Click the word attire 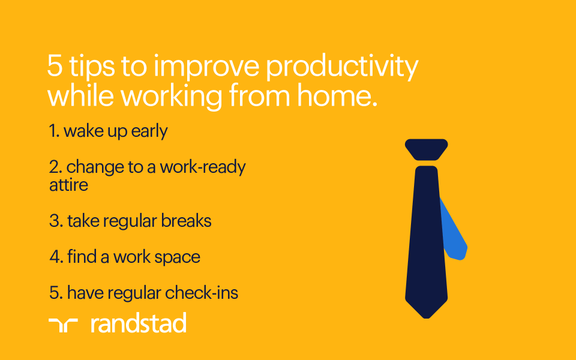(x=68, y=185)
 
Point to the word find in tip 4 (x=82, y=257)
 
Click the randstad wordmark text (x=138, y=323)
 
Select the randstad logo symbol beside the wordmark (x=63, y=325)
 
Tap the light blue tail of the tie (x=456, y=237)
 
